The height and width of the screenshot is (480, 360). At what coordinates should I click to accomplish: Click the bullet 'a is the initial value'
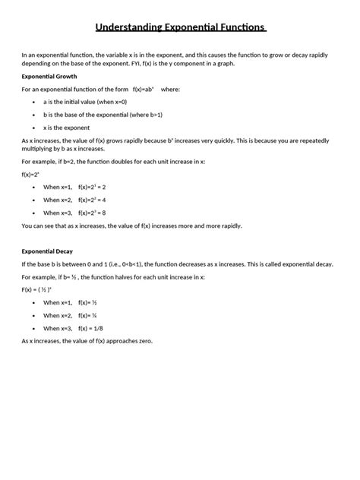click(85, 101)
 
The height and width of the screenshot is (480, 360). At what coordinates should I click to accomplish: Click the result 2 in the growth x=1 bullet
click(104, 187)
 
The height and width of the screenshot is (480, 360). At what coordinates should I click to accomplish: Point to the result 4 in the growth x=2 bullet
click(104, 200)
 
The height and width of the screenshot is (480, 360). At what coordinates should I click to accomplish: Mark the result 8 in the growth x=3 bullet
click(104, 213)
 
